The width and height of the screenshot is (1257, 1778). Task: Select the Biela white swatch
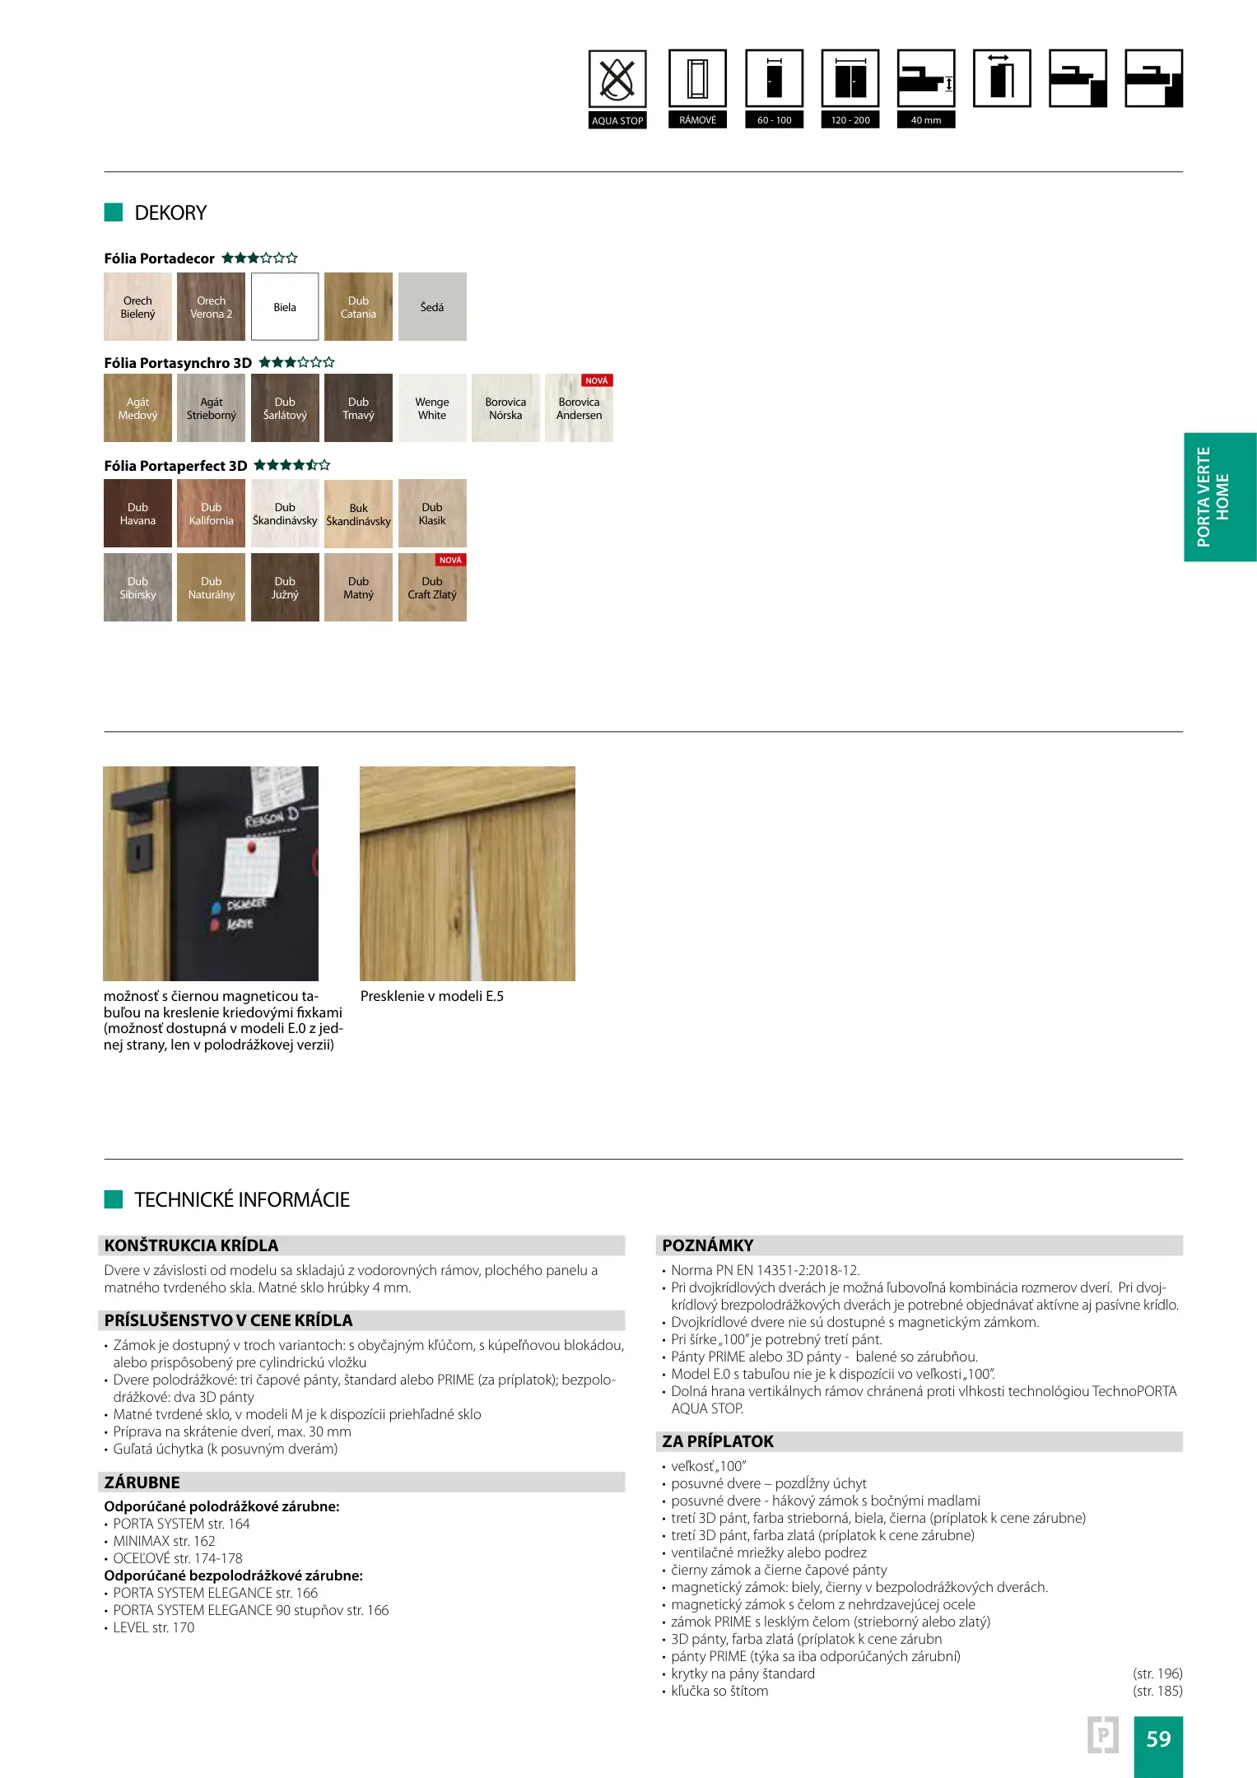(x=285, y=307)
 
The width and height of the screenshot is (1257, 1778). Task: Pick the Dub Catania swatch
(x=358, y=307)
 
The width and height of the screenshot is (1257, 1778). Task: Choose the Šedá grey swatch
(x=432, y=307)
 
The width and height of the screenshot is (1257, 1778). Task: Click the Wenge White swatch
(x=432, y=408)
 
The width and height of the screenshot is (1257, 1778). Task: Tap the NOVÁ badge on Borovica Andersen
(x=597, y=380)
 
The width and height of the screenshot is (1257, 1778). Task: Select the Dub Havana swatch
(x=137, y=514)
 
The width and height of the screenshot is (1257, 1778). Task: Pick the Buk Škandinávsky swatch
(x=358, y=514)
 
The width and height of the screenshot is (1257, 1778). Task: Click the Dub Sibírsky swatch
(x=137, y=587)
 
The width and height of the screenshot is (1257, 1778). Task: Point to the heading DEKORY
(x=170, y=213)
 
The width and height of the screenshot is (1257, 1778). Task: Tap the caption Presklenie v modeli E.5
(x=432, y=996)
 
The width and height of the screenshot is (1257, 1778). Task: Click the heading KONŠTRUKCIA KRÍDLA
(x=191, y=1245)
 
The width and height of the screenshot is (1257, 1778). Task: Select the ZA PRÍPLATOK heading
(x=718, y=1441)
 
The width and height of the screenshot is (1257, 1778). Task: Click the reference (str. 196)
(x=1157, y=1673)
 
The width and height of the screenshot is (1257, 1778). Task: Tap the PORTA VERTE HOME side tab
(x=1219, y=497)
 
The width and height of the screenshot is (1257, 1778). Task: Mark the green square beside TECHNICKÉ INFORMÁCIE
(x=114, y=1199)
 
